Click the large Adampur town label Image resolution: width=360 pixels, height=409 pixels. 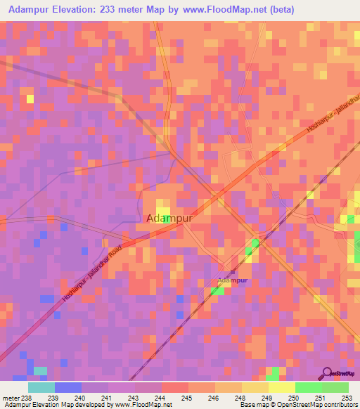pos(169,218)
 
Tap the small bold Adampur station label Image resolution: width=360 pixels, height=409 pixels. pos(231,280)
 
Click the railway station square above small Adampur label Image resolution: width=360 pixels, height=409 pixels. pos(231,273)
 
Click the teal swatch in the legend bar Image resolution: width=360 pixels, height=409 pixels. pos(41,387)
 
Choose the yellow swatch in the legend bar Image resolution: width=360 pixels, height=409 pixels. pos(281,387)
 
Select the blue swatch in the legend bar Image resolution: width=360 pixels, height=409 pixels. pos(68,387)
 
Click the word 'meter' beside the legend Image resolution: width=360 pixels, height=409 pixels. pos(11,398)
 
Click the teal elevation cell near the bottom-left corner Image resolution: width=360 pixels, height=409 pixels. pos(41,370)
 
